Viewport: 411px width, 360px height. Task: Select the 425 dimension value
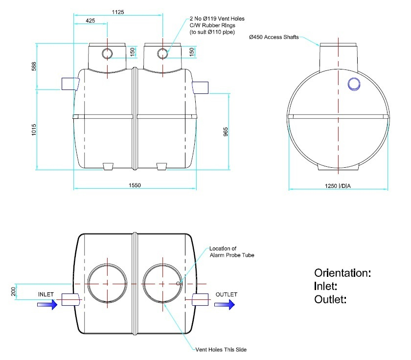point(90,21)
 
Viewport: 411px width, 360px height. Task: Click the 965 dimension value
point(226,132)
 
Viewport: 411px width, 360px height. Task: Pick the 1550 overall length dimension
point(136,185)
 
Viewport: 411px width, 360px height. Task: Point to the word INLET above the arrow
point(48,294)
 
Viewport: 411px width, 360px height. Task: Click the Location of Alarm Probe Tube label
point(231,251)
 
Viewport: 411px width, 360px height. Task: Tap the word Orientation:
point(342,273)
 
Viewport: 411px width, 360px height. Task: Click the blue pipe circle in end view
point(354,84)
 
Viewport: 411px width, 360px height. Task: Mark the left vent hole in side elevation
point(107,53)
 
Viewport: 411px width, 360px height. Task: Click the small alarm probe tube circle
point(179,283)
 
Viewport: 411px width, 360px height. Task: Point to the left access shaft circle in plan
point(107,283)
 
